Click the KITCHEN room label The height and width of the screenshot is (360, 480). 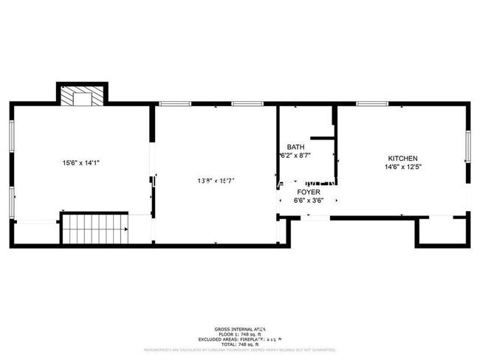(x=403, y=159)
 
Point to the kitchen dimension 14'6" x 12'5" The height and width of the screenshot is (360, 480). (x=403, y=167)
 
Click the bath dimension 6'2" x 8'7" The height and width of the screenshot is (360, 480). (x=295, y=156)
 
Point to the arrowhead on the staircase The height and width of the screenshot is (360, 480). (x=127, y=230)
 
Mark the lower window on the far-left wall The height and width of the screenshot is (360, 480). (x=11, y=204)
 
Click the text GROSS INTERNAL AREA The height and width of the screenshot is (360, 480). (x=240, y=328)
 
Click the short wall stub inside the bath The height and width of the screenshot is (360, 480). (x=323, y=137)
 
